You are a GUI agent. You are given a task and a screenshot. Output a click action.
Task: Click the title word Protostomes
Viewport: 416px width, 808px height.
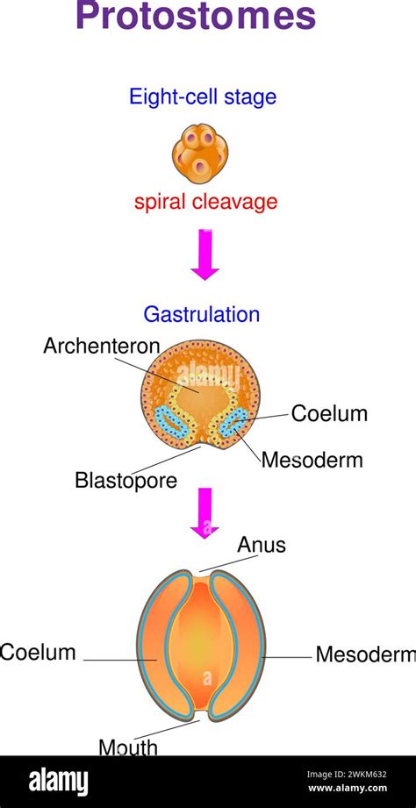195,17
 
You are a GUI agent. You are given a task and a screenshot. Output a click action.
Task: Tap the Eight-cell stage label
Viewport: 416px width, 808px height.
203,97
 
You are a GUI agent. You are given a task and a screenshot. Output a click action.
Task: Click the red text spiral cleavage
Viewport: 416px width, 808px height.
205,202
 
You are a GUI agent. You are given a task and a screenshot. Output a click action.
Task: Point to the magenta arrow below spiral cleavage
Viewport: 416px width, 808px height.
205,254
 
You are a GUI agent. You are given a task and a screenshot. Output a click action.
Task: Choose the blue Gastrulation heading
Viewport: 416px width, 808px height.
202,314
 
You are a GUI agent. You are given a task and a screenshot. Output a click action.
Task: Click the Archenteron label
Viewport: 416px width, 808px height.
102,347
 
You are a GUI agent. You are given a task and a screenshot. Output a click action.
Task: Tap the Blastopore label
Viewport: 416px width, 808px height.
126,480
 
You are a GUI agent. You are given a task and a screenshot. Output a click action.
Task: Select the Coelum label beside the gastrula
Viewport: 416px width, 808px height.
329,413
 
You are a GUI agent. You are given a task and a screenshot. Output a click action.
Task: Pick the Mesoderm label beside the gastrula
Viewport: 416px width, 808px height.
312,460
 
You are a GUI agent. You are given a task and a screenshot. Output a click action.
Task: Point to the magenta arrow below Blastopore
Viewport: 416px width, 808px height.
205,511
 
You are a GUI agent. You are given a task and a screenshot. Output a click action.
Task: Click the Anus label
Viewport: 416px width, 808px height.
262,545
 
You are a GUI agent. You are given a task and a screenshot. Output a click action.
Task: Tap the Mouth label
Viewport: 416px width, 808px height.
128,747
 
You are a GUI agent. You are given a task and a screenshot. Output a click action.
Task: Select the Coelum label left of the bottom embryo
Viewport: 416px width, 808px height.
38,653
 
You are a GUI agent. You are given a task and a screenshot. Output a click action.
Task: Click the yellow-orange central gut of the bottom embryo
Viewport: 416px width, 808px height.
201,645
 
